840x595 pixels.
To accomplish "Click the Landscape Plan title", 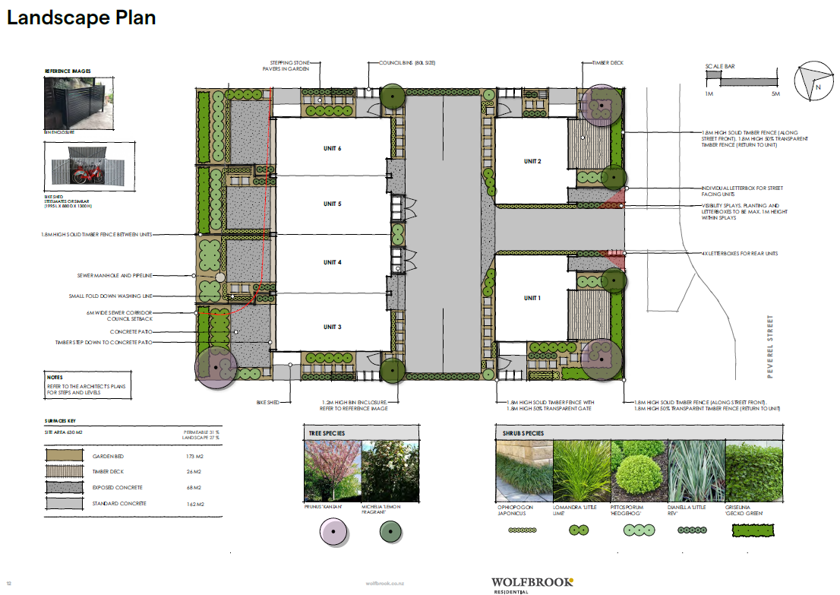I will point(81,18).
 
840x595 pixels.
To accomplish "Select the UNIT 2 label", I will point(532,161).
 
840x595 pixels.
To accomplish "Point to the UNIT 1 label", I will point(532,298).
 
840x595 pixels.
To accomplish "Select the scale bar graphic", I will point(747,79).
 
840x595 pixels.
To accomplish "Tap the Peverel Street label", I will point(769,347).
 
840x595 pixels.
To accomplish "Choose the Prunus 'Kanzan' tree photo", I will point(330,470).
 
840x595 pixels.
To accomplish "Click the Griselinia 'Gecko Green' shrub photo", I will point(753,470).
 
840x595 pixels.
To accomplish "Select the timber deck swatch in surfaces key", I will point(65,472).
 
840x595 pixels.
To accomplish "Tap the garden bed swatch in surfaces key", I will point(65,456).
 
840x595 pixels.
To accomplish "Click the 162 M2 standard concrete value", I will point(192,504).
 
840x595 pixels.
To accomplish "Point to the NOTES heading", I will point(54,378).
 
